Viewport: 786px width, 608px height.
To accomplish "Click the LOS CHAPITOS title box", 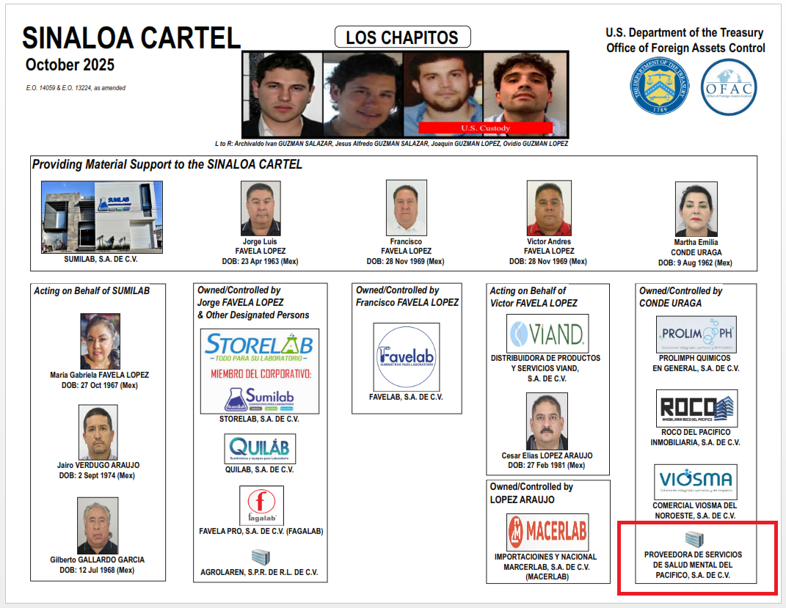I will [402, 37].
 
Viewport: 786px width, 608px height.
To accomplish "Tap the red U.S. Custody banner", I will [485, 128].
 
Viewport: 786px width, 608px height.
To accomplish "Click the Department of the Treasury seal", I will [661, 87].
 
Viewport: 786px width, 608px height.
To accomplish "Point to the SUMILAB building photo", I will [102, 217].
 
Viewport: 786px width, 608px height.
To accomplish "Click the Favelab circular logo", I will [407, 356].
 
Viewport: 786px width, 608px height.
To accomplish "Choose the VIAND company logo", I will [547, 334].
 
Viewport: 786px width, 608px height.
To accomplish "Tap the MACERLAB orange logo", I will [547, 532].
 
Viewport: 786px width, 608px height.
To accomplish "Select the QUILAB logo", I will [260, 448].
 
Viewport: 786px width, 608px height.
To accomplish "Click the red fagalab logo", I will [261, 505].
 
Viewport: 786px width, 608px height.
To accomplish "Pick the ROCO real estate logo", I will [696, 409].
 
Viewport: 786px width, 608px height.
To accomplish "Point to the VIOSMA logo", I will [696, 482].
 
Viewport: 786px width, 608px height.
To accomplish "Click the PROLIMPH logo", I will [696, 335].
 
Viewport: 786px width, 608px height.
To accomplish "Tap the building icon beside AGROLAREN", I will [261, 557].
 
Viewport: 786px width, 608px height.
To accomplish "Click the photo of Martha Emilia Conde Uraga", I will [696, 209].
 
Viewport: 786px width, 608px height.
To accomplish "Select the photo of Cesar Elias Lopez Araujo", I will [547, 422].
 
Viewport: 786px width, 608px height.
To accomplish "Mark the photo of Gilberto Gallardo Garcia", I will [98, 526].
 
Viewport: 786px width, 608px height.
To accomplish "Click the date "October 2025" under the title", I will [70, 65].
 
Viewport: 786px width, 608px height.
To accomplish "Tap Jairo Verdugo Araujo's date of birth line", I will [98, 475].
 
